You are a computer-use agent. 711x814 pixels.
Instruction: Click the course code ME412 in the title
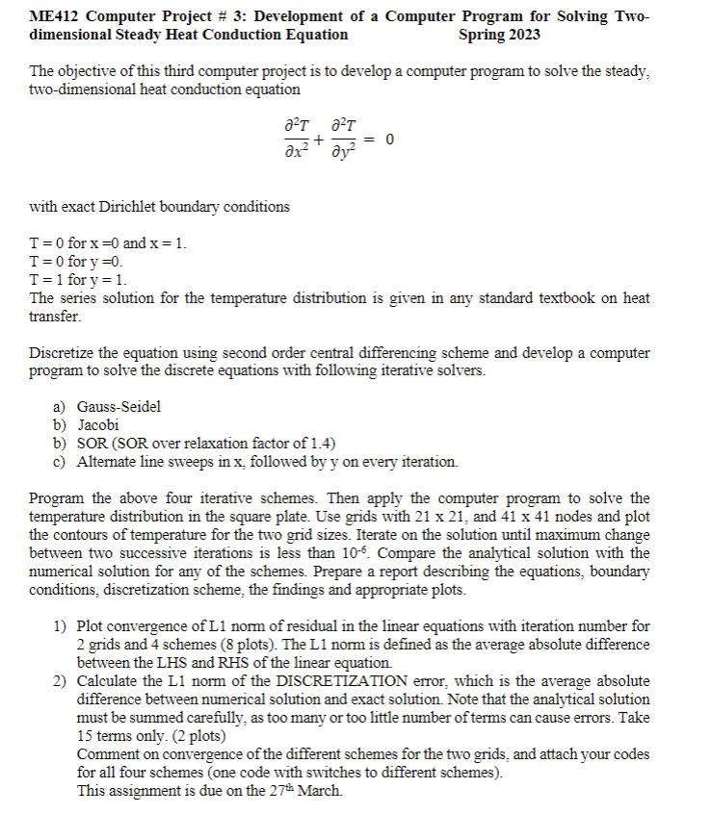[x=53, y=17]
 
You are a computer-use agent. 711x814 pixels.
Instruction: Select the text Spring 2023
[x=500, y=35]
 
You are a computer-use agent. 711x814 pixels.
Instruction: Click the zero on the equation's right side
[x=389, y=140]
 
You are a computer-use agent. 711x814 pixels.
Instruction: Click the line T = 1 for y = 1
[x=79, y=280]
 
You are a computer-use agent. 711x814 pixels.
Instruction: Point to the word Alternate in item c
[x=111, y=462]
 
